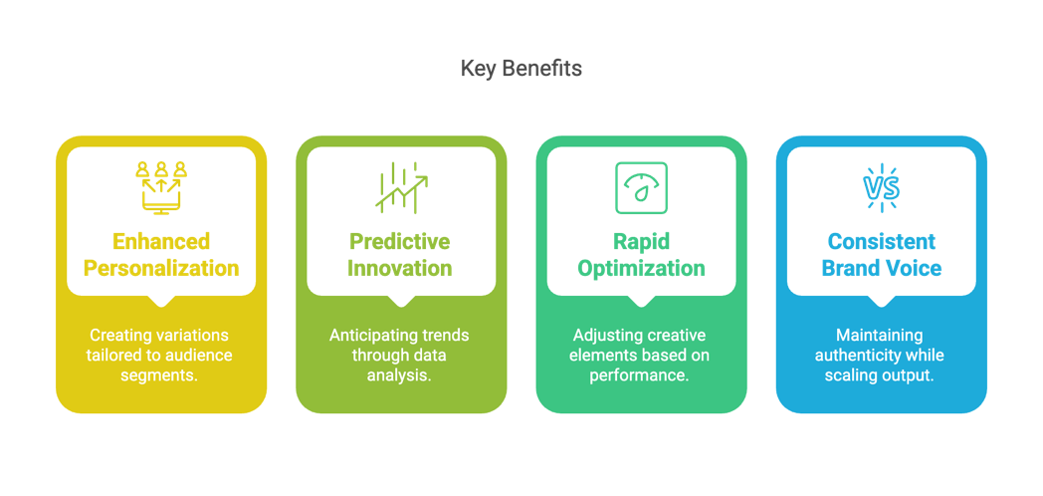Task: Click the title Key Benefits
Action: (521, 68)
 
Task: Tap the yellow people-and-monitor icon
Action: (161, 188)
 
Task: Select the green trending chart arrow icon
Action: (401, 188)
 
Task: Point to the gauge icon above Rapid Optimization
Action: (641, 188)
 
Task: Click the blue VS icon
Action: (882, 188)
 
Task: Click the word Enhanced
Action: (161, 241)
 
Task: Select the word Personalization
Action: (161, 268)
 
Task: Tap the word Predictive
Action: (401, 241)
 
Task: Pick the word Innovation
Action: (401, 268)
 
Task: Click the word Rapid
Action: (641, 241)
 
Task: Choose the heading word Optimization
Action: (641, 268)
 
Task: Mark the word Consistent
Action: (882, 241)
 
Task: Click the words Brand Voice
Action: (882, 268)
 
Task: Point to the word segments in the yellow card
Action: (159, 374)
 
